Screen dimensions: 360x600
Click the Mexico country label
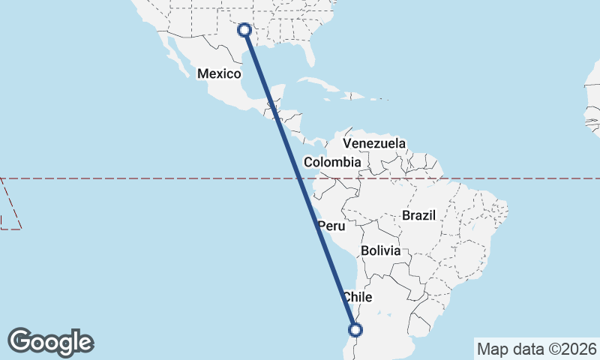[219, 73]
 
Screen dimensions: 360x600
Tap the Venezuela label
[374, 143]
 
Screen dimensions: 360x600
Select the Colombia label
[332, 162]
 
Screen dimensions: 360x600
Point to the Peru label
[331, 226]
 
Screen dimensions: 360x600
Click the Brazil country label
[418, 215]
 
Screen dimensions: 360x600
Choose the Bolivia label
[380, 250]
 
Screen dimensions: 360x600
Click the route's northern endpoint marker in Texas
[244, 30]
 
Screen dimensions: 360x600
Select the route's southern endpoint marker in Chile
[355, 329]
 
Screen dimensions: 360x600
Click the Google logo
[50, 342]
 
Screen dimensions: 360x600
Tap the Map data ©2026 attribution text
[537, 349]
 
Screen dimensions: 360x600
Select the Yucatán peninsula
[276, 94]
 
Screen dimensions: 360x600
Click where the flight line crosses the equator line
[299, 178]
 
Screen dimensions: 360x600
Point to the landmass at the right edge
[592, 112]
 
